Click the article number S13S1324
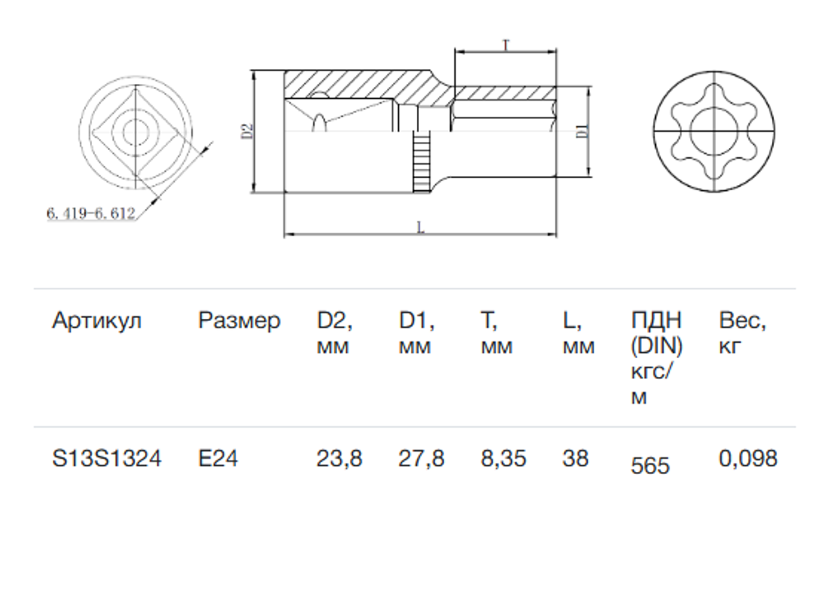pyautogui.click(x=107, y=458)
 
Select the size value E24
pyautogui.click(x=218, y=458)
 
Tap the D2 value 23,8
pyautogui.click(x=340, y=459)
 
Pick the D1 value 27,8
pyautogui.click(x=421, y=459)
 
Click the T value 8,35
pyautogui.click(x=504, y=459)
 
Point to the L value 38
pyautogui.click(x=575, y=458)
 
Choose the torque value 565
pyautogui.click(x=651, y=465)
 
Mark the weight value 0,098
pyautogui.click(x=748, y=459)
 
